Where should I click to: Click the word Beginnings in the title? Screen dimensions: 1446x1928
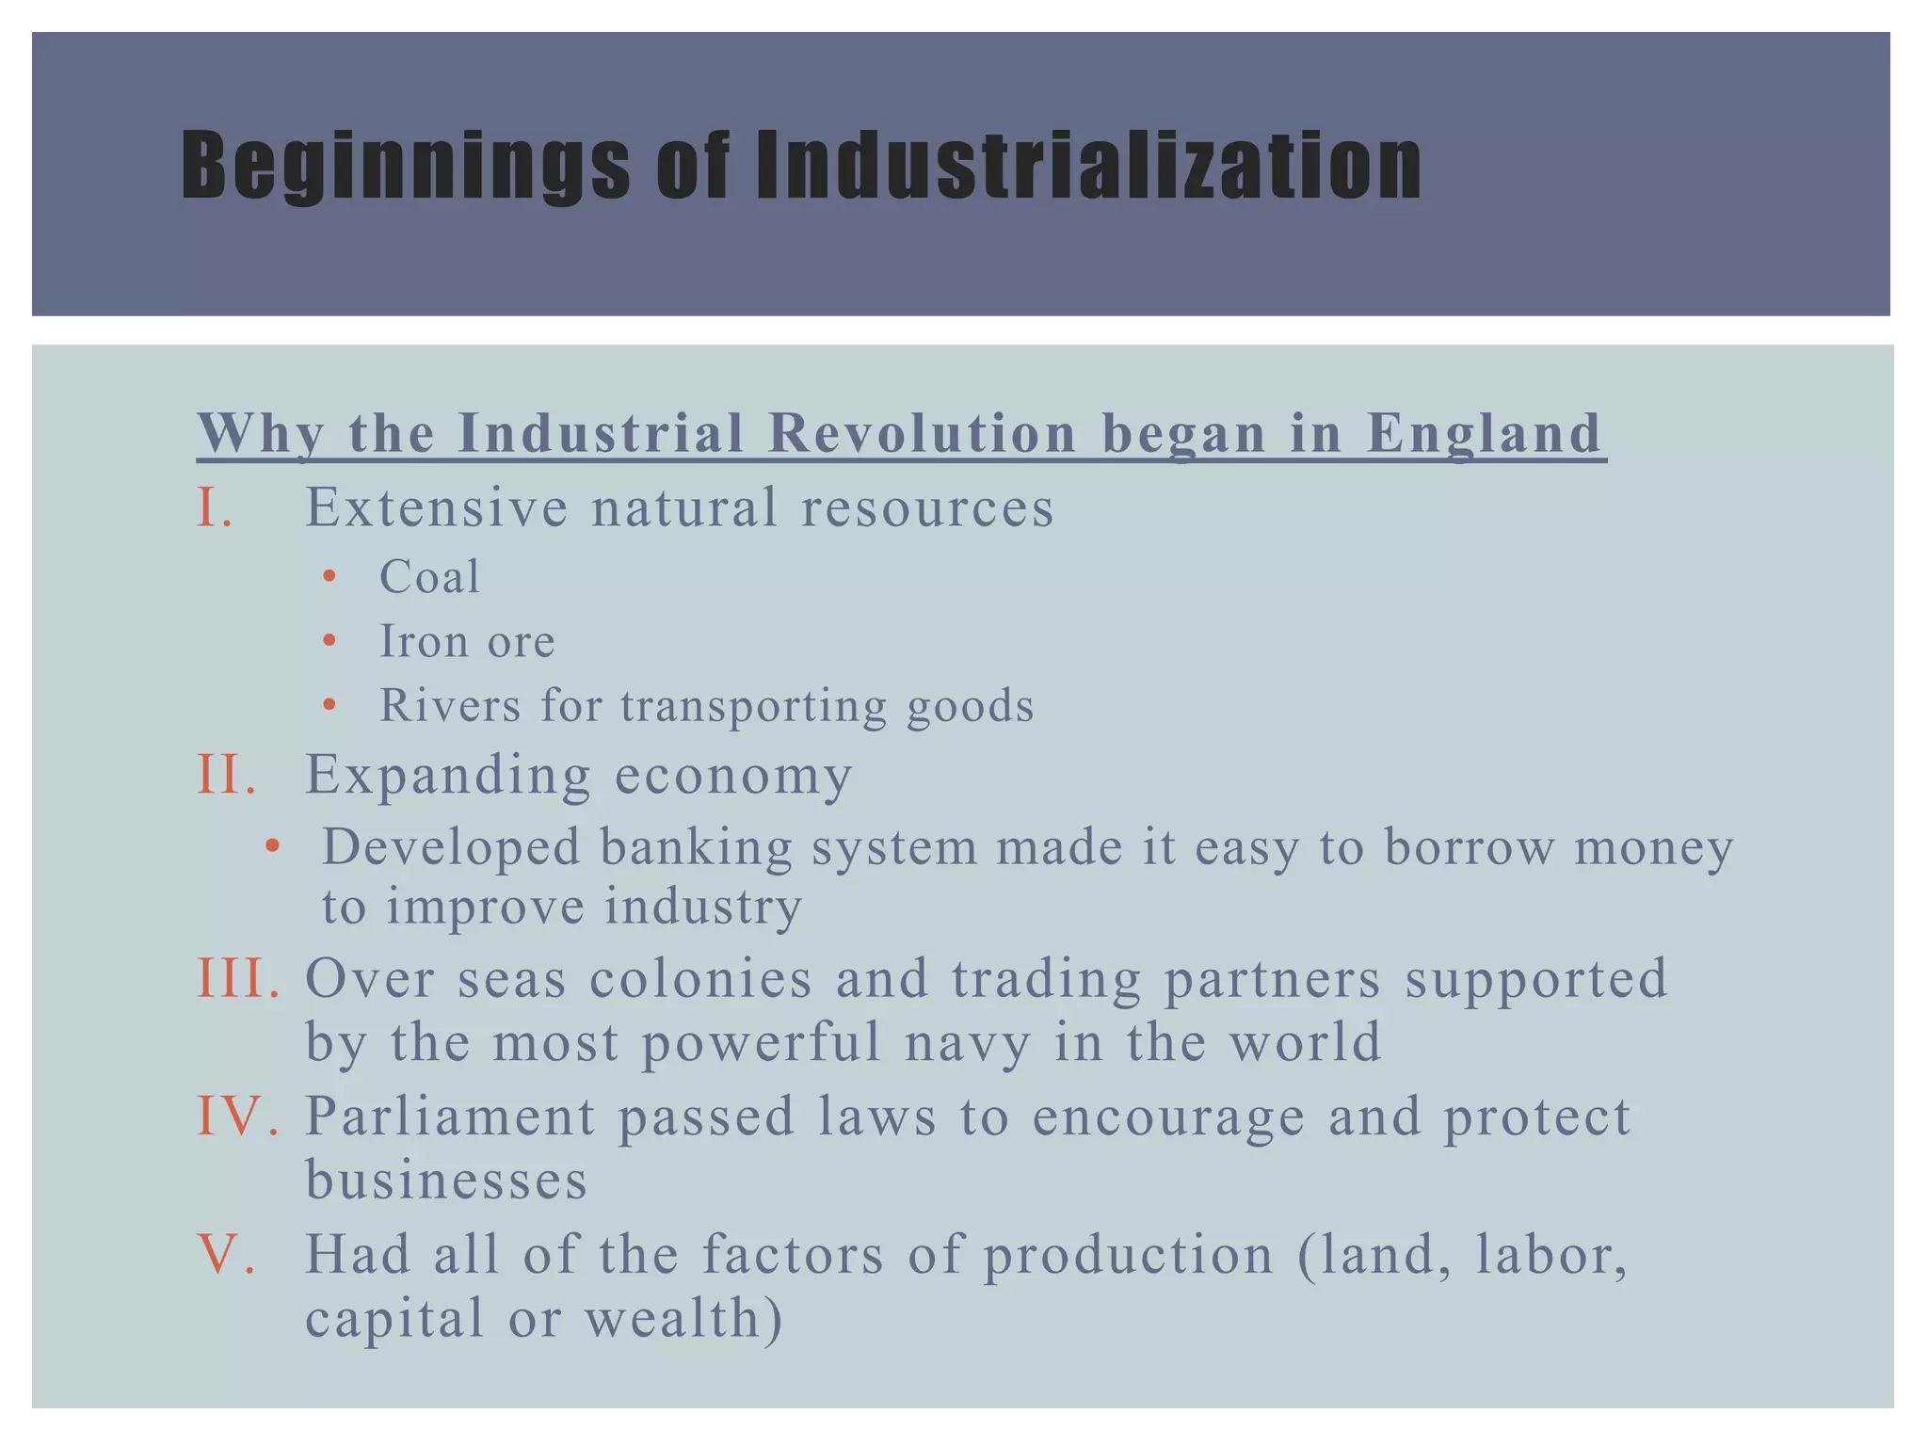(405, 167)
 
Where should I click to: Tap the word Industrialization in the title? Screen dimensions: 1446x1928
(1088, 167)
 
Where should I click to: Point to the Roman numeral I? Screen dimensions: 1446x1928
(214, 507)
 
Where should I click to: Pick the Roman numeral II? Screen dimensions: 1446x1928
(226, 775)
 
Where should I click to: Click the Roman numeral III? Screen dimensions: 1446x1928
(238, 978)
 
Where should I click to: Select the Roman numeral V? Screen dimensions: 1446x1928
(226, 1255)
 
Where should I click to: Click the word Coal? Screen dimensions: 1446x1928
(429, 576)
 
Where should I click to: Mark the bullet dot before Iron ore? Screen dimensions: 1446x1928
(329, 641)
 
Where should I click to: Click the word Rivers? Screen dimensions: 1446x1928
(450, 705)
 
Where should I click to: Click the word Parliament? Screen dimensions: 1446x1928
(450, 1117)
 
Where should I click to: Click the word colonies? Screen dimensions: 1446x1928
(700, 978)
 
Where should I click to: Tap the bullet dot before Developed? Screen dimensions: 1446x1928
(272, 845)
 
